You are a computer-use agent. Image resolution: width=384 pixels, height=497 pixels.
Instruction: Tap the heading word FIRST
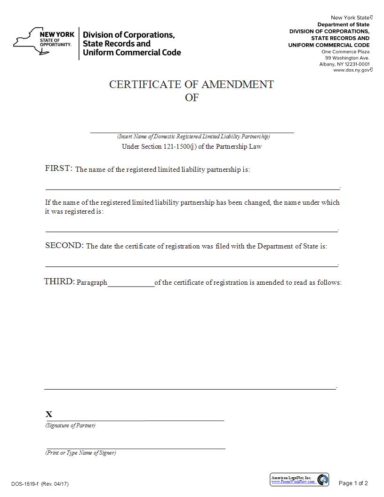click(58, 168)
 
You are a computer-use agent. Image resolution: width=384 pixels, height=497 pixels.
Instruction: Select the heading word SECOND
click(64, 245)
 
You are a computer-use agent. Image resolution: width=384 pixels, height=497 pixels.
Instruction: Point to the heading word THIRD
click(59, 281)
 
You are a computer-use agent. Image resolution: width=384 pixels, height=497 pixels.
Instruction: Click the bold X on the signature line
click(49, 414)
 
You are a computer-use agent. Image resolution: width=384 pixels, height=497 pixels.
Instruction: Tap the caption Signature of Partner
click(70, 425)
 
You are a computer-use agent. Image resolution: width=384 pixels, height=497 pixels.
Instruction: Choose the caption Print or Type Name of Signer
click(80, 453)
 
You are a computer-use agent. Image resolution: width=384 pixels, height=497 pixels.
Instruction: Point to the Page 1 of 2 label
click(353, 483)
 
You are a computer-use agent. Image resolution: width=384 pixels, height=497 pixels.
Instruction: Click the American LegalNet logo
click(299, 480)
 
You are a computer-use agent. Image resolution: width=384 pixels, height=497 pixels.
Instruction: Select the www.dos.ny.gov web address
click(352, 70)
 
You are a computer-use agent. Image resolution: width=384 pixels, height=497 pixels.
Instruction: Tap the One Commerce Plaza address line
click(345, 52)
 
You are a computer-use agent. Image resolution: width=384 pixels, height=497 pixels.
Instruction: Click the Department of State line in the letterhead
click(343, 24)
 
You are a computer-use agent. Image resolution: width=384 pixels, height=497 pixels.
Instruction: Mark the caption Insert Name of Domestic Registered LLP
click(193, 136)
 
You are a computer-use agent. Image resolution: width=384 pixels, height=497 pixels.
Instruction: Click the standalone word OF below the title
click(192, 98)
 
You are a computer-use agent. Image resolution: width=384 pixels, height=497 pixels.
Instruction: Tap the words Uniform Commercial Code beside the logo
click(132, 53)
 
